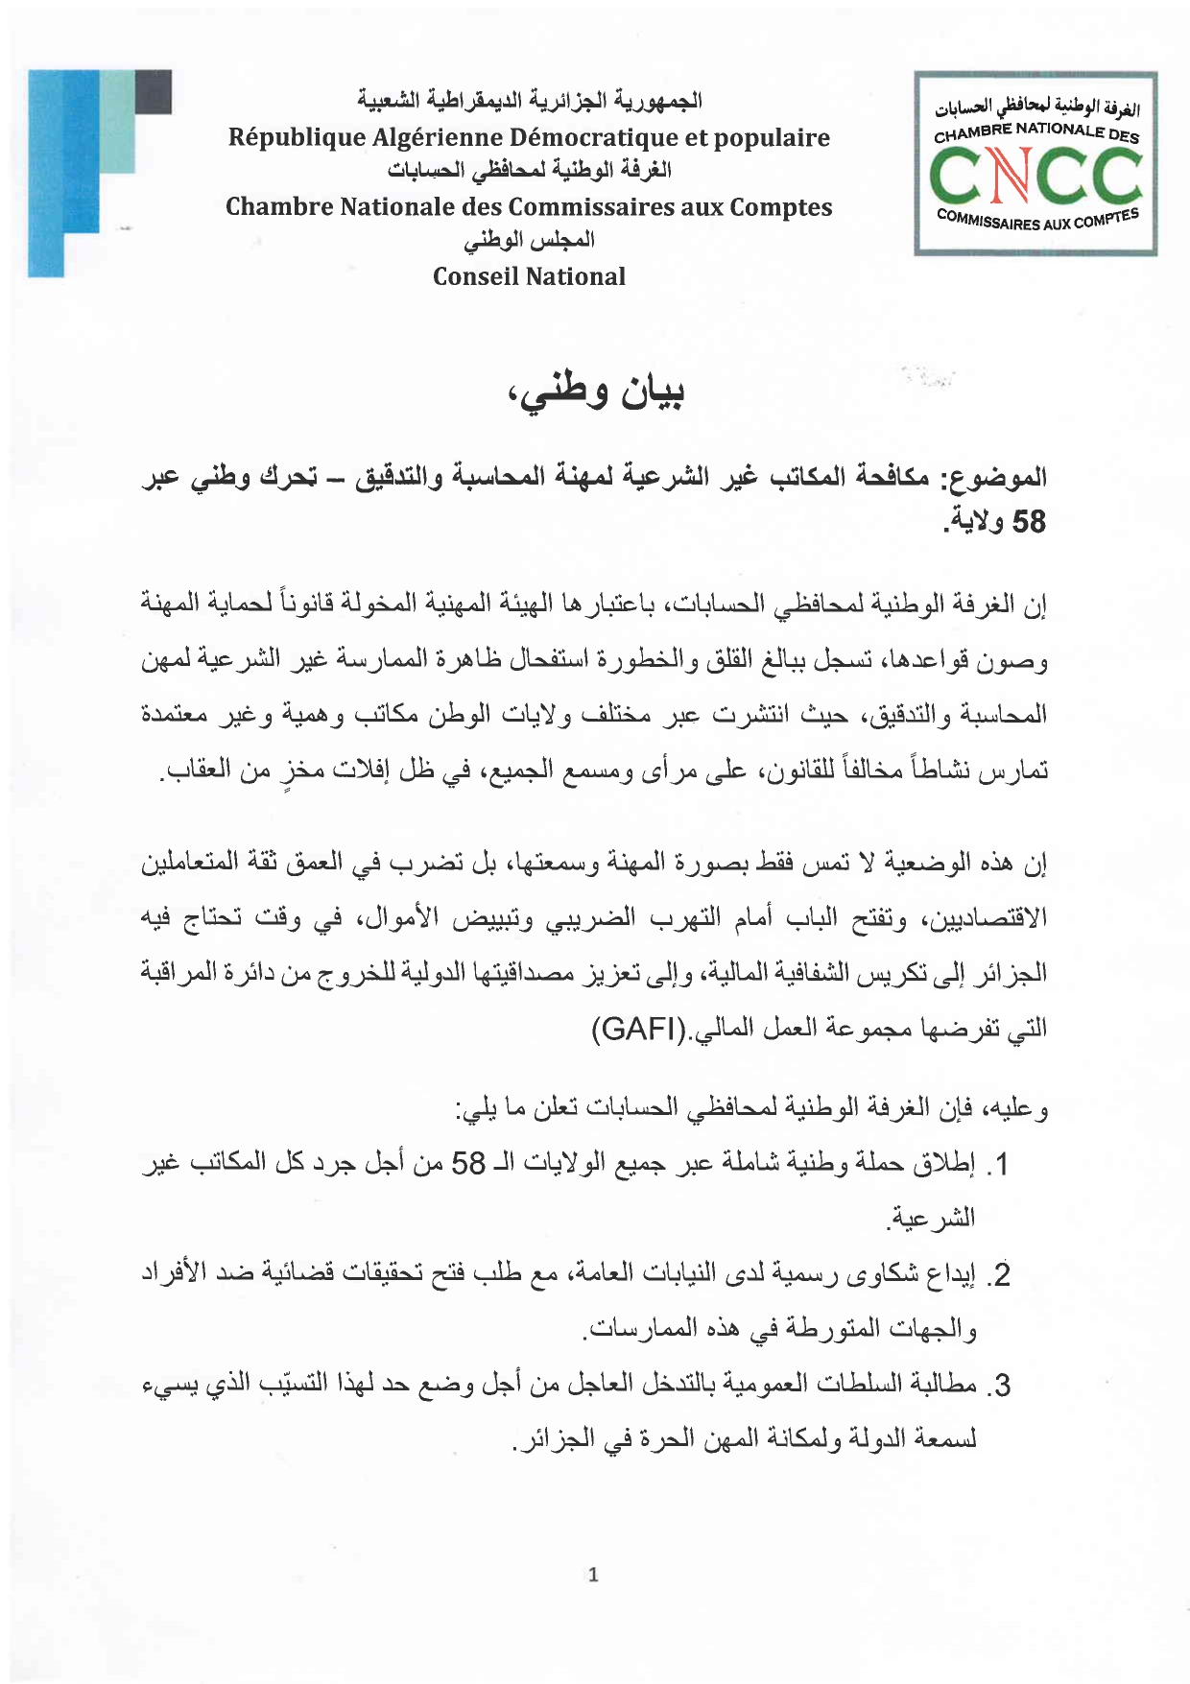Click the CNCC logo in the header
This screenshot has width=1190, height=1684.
[x=1035, y=163]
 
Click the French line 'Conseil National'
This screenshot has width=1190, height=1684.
[x=529, y=277]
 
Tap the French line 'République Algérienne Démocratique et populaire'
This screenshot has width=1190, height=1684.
[x=529, y=138]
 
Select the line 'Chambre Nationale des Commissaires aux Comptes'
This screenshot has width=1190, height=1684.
[x=529, y=207]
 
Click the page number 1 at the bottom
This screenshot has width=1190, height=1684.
[x=593, y=1575]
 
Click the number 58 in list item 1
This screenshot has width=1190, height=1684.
[x=468, y=1165]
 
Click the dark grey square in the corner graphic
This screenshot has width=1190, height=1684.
[x=154, y=92]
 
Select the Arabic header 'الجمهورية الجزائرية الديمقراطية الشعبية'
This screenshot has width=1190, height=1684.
[x=529, y=101]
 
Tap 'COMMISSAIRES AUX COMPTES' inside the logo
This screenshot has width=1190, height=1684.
[x=1036, y=220]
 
